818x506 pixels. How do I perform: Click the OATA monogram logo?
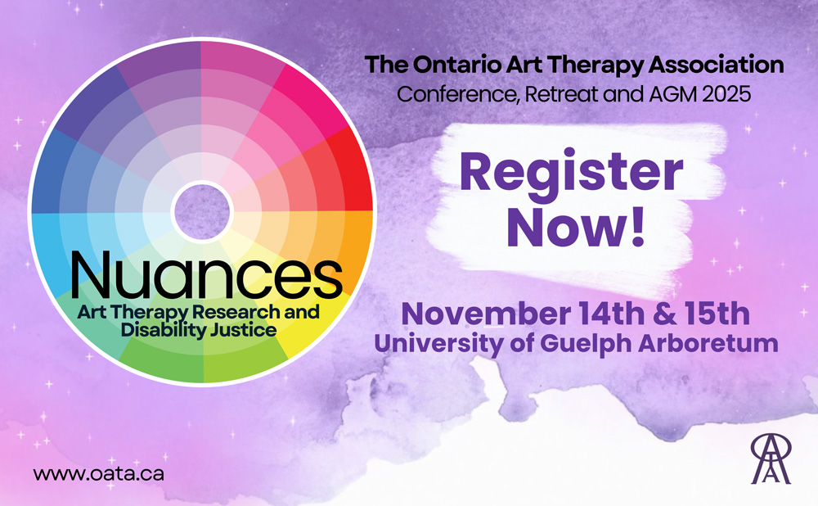[771, 459]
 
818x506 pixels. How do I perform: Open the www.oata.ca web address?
[99, 473]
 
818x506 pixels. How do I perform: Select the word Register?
[571, 172]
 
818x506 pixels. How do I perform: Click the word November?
[485, 314]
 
